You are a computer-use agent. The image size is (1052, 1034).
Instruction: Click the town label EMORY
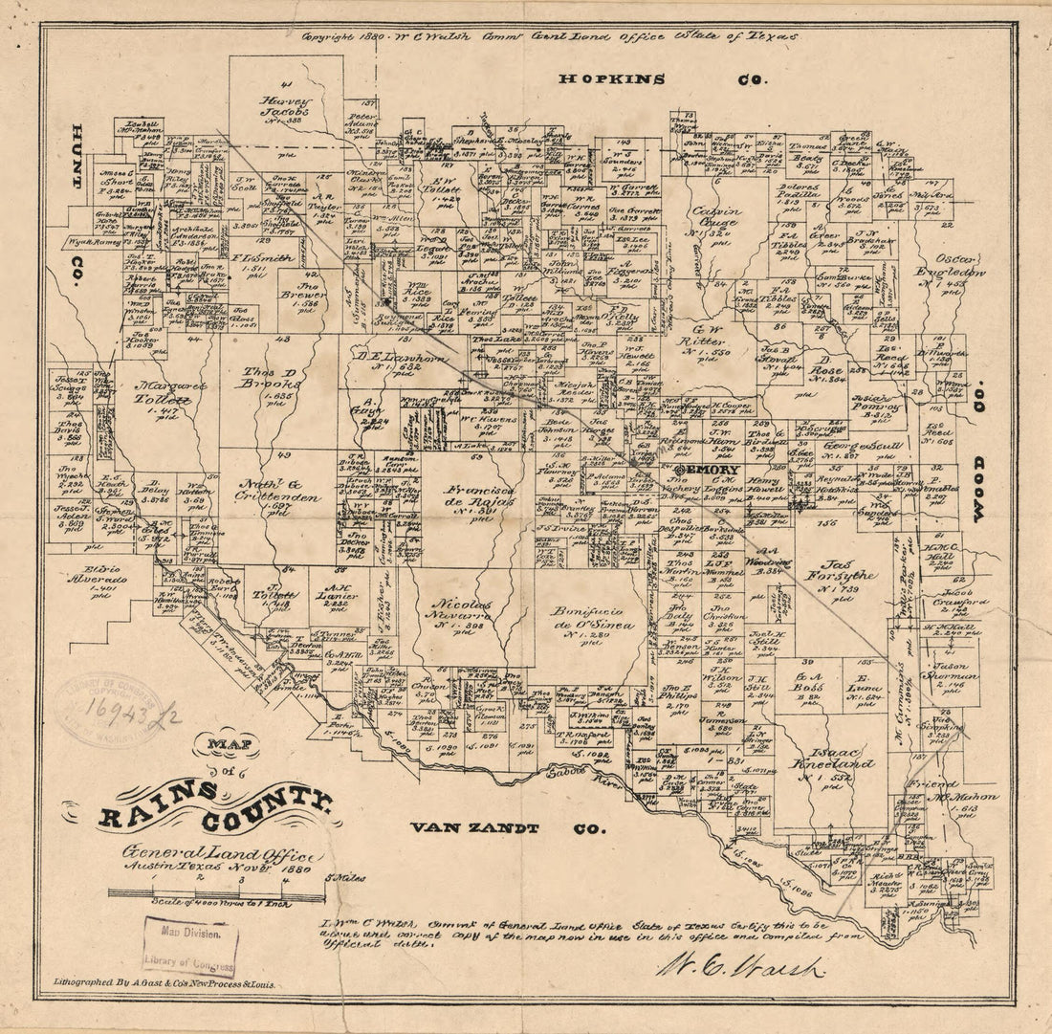click(707, 471)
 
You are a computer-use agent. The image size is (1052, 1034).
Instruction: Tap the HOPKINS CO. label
click(661, 79)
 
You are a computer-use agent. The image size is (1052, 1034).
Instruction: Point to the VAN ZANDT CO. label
click(507, 828)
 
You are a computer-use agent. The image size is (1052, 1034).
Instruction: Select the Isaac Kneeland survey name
click(831, 770)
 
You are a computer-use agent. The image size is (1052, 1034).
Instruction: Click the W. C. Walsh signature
click(741, 967)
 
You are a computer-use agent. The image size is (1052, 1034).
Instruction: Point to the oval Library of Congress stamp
click(108, 708)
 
